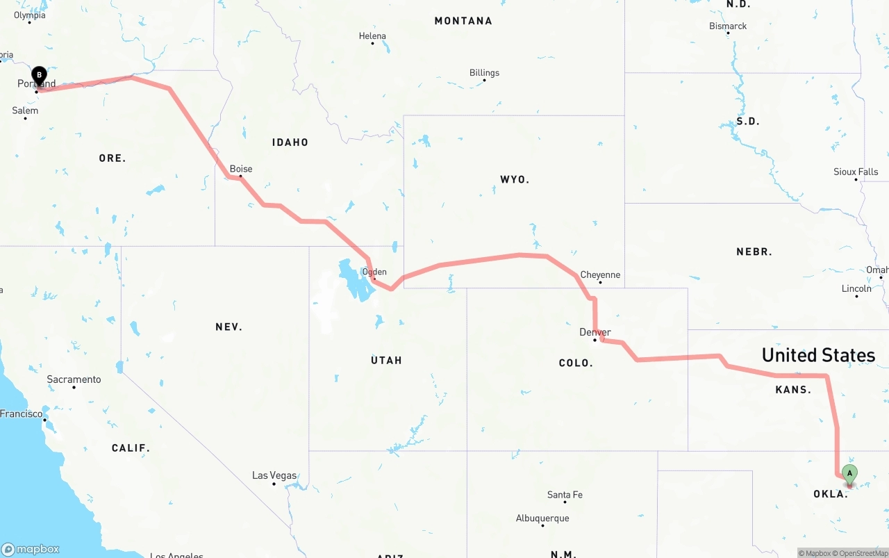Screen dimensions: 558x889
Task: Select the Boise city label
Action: (241, 169)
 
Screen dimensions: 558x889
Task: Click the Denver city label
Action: (595, 332)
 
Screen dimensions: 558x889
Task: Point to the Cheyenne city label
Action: (600, 275)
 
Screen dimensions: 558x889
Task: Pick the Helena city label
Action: (372, 36)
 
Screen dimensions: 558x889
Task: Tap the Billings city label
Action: (484, 73)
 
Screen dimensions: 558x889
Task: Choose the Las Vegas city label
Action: (274, 476)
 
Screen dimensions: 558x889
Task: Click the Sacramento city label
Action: (74, 379)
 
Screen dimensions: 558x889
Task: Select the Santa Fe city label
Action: (565, 495)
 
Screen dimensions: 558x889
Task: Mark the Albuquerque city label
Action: (542, 518)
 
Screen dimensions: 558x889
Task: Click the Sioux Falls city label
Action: (856, 172)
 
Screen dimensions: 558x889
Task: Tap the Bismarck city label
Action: (728, 26)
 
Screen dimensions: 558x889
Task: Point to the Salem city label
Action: (25, 110)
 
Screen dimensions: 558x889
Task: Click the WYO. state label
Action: (515, 180)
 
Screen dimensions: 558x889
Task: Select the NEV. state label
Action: (229, 327)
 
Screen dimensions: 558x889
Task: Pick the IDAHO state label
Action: (290, 142)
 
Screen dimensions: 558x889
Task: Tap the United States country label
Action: (818, 355)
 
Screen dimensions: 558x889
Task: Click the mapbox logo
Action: (31, 549)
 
